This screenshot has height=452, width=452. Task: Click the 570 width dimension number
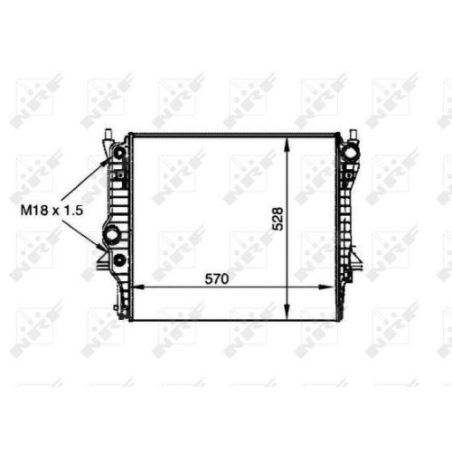coord(217,279)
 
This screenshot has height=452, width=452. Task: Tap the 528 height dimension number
coord(278,219)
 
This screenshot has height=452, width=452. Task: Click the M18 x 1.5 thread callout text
coord(52,211)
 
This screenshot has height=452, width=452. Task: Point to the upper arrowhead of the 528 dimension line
coord(288,145)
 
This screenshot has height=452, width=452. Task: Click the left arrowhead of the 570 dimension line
coord(139,287)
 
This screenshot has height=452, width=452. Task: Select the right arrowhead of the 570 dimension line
coord(326,287)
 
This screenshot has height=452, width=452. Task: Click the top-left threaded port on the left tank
coord(119,154)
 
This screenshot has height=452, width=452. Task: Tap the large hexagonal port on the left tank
coord(110,234)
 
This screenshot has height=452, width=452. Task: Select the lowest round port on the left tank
coord(119,259)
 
